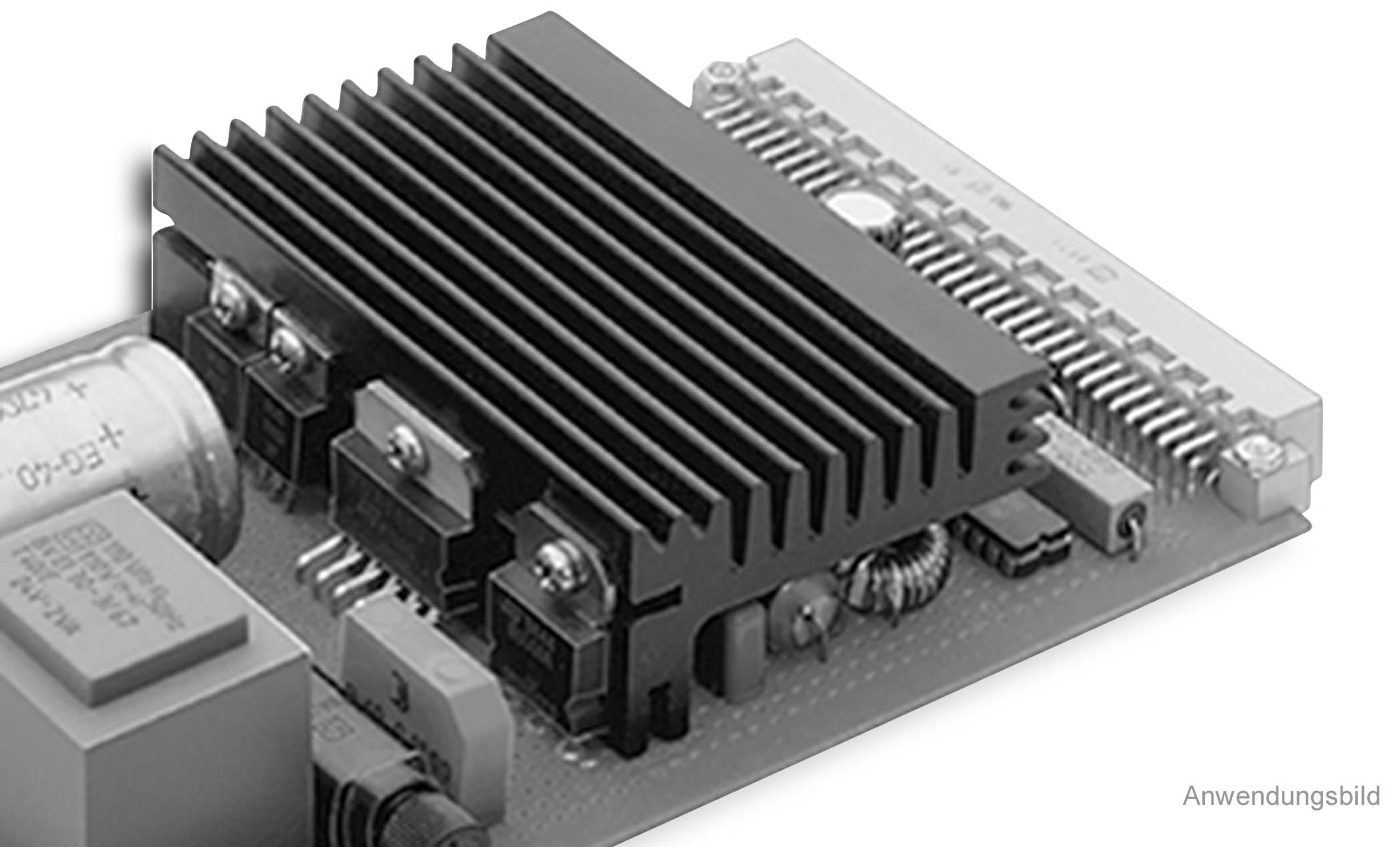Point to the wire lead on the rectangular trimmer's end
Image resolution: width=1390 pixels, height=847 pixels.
[x=1135, y=535]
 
